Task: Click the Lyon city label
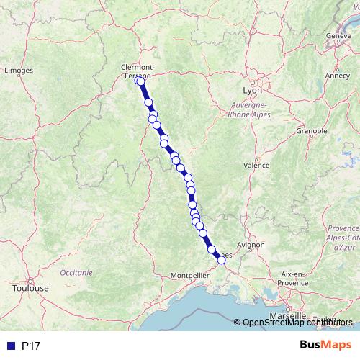click(253, 91)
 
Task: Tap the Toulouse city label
click(30, 288)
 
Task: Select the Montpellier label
click(190, 276)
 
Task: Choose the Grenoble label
click(312, 131)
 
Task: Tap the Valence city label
click(256, 165)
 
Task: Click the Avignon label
click(251, 245)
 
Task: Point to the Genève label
click(338, 35)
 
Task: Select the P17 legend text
click(31, 346)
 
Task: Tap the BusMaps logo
click(322, 346)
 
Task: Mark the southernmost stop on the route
click(222, 261)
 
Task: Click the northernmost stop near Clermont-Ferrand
click(140, 81)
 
